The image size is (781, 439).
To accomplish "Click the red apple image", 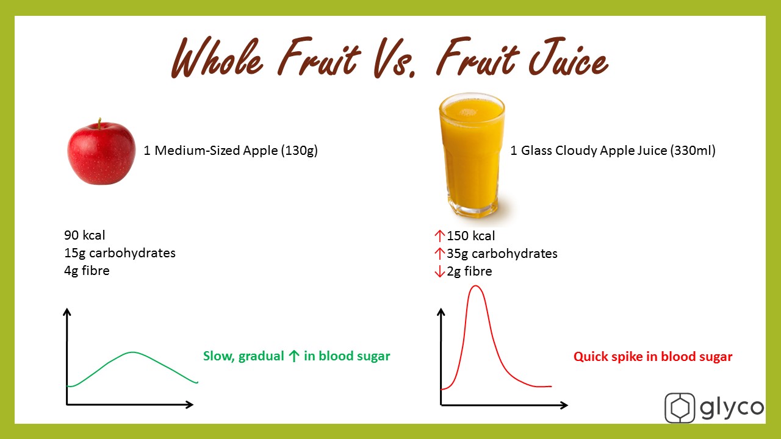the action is [101, 152].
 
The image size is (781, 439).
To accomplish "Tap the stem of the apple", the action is [99, 123].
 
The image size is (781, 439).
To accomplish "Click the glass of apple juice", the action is [472, 155].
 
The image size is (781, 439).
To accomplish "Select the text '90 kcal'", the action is [84, 235].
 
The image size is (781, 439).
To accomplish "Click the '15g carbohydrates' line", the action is [120, 253].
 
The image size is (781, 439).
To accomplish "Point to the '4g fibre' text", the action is [87, 271].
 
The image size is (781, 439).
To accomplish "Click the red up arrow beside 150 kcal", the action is [439, 236].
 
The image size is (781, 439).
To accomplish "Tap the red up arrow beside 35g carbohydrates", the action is [439, 254].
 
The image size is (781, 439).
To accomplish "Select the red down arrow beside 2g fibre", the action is [439, 271].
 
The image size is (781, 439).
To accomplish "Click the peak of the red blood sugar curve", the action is [475, 286].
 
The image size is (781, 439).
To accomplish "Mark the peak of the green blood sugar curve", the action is [132, 352].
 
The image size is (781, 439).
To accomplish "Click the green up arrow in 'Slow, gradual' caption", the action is [294, 355].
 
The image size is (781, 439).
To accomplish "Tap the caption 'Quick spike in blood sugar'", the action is [653, 357].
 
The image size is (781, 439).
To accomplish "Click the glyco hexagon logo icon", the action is [680, 408].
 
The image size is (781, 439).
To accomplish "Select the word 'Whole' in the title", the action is [217, 57].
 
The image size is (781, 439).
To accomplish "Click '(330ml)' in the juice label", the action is [693, 151].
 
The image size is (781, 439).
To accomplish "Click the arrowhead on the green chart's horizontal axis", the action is [189, 404].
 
